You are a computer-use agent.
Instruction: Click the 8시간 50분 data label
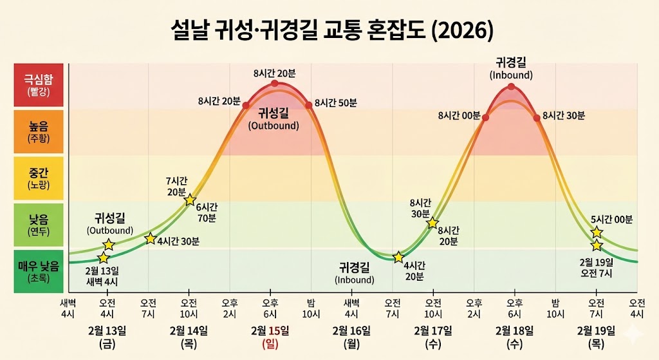click(x=336, y=103)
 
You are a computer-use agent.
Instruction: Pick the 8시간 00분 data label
click(x=459, y=116)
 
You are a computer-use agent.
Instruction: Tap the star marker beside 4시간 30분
click(x=150, y=239)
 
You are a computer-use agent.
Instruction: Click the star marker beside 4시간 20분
click(x=398, y=256)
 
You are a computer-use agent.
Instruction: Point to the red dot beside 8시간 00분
click(x=485, y=118)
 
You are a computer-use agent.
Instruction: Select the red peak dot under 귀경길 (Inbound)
click(x=511, y=86)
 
